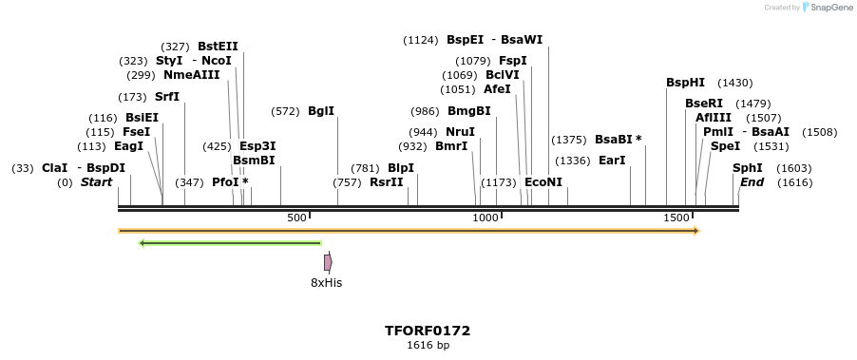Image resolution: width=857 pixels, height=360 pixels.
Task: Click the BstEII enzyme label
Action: tap(218, 47)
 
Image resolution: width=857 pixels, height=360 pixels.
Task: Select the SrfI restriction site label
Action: tap(166, 96)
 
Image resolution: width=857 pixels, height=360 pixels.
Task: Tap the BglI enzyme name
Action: tap(321, 111)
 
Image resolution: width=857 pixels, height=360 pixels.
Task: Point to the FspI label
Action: tap(512, 61)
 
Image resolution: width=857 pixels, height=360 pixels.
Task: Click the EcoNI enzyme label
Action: tap(543, 181)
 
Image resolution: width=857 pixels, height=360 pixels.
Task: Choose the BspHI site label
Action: tap(685, 83)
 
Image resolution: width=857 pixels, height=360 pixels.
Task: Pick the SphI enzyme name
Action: tap(748, 168)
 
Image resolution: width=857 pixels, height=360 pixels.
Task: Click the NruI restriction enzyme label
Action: tap(460, 132)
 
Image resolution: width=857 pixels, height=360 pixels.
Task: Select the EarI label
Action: tap(612, 161)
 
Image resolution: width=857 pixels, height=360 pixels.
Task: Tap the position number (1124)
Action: tap(421, 40)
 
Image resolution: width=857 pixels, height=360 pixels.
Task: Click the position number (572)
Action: tap(285, 111)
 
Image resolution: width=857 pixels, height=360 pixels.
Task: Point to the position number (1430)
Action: tap(734, 83)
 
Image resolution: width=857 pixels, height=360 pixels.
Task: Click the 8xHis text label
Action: tap(326, 283)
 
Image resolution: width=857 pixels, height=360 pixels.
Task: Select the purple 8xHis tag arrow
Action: tap(328, 262)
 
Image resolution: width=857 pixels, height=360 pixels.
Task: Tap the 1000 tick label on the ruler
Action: tap(486, 218)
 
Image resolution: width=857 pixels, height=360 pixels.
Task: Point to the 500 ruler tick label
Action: tap(296, 218)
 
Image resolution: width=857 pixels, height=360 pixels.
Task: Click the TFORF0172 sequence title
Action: tap(428, 331)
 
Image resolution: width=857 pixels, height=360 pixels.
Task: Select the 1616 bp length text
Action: tap(428, 345)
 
